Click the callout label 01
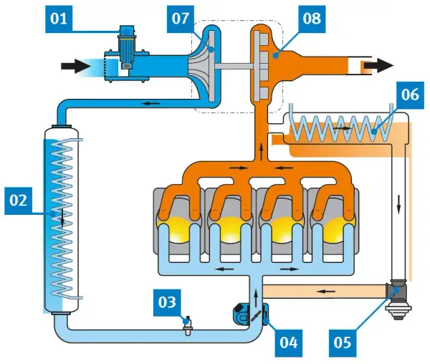click(x=59, y=19)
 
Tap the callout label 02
click(x=19, y=201)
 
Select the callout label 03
click(x=167, y=302)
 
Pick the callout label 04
click(x=289, y=343)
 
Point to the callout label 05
click(x=343, y=343)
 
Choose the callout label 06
click(x=410, y=95)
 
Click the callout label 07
click(x=181, y=19)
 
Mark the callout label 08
click(x=312, y=19)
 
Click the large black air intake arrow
click(x=76, y=66)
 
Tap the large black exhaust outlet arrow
click(x=379, y=66)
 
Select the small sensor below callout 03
click(x=188, y=327)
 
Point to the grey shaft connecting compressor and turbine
click(x=234, y=66)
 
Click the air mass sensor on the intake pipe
click(x=127, y=48)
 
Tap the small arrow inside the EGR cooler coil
click(x=342, y=128)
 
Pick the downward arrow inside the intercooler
click(x=62, y=218)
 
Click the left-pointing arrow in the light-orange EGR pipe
click(x=326, y=292)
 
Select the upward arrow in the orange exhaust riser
click(x=262, y=151)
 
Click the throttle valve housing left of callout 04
click(x=242, y=315)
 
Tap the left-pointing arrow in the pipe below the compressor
click(x=150, y=103)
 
